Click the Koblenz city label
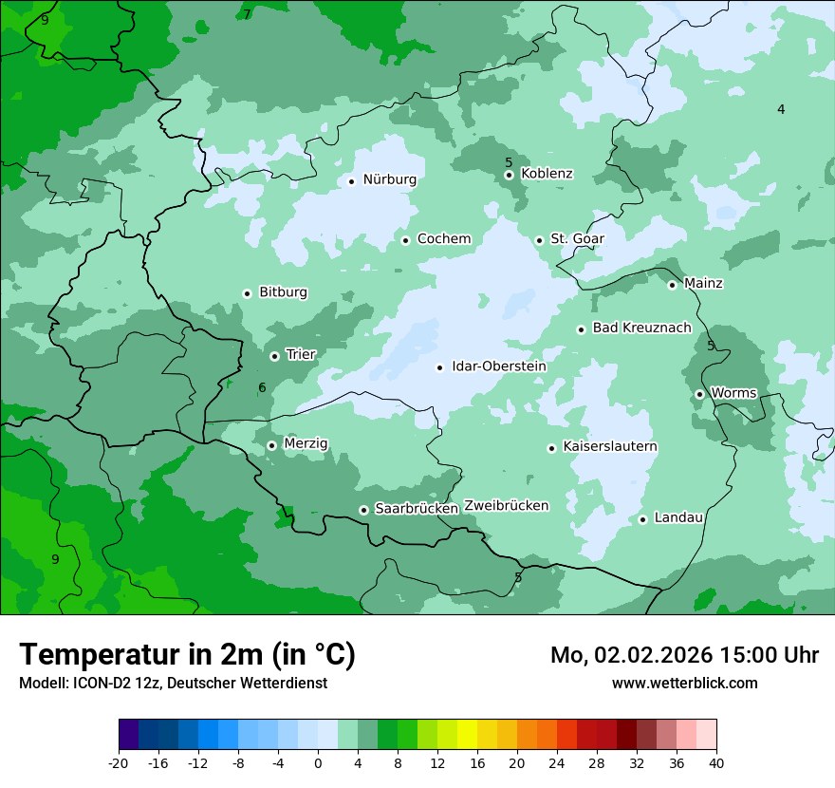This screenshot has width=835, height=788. tap(547, 174)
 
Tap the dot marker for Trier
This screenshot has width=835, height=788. tap(274, 356)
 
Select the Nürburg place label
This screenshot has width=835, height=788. tap(389, 179)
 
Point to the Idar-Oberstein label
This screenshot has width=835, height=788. tap(499, 366)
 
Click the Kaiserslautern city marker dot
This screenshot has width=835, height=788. tap(551, 448)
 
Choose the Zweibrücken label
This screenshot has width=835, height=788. tap(506, 506)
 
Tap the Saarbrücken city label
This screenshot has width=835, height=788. tap(417, 509)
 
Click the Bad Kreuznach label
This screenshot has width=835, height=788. tap(641, 328)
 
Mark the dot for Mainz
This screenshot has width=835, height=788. tap(672, 285)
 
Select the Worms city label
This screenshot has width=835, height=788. tap(733, 393)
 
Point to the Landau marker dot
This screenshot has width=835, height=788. tap(642, 519)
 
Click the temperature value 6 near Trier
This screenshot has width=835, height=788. tap(262, 387)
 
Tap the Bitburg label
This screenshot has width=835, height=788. tap(283, 292)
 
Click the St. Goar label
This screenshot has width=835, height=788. tap(577, 239)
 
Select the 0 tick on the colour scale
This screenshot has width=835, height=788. tap(318, 763)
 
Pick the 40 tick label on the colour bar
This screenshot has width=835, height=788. tap(715, 763)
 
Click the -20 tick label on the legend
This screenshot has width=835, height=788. tap(119, 763)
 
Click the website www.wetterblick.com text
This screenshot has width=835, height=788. tap(684, 683)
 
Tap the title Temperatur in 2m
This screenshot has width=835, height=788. tap(188, 654)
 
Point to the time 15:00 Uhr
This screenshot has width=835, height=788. tap(770, 655)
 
